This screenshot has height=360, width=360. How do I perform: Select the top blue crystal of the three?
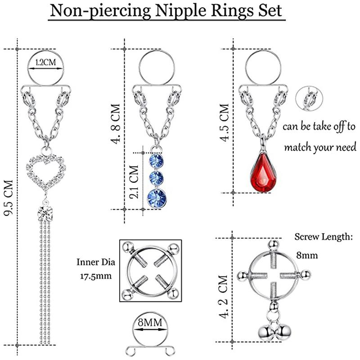coord(156,161)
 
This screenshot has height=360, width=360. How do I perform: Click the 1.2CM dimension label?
coord(45,63)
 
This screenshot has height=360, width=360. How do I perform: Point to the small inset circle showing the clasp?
coord(308,97)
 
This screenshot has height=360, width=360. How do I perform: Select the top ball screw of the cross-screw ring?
coord(272,245)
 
